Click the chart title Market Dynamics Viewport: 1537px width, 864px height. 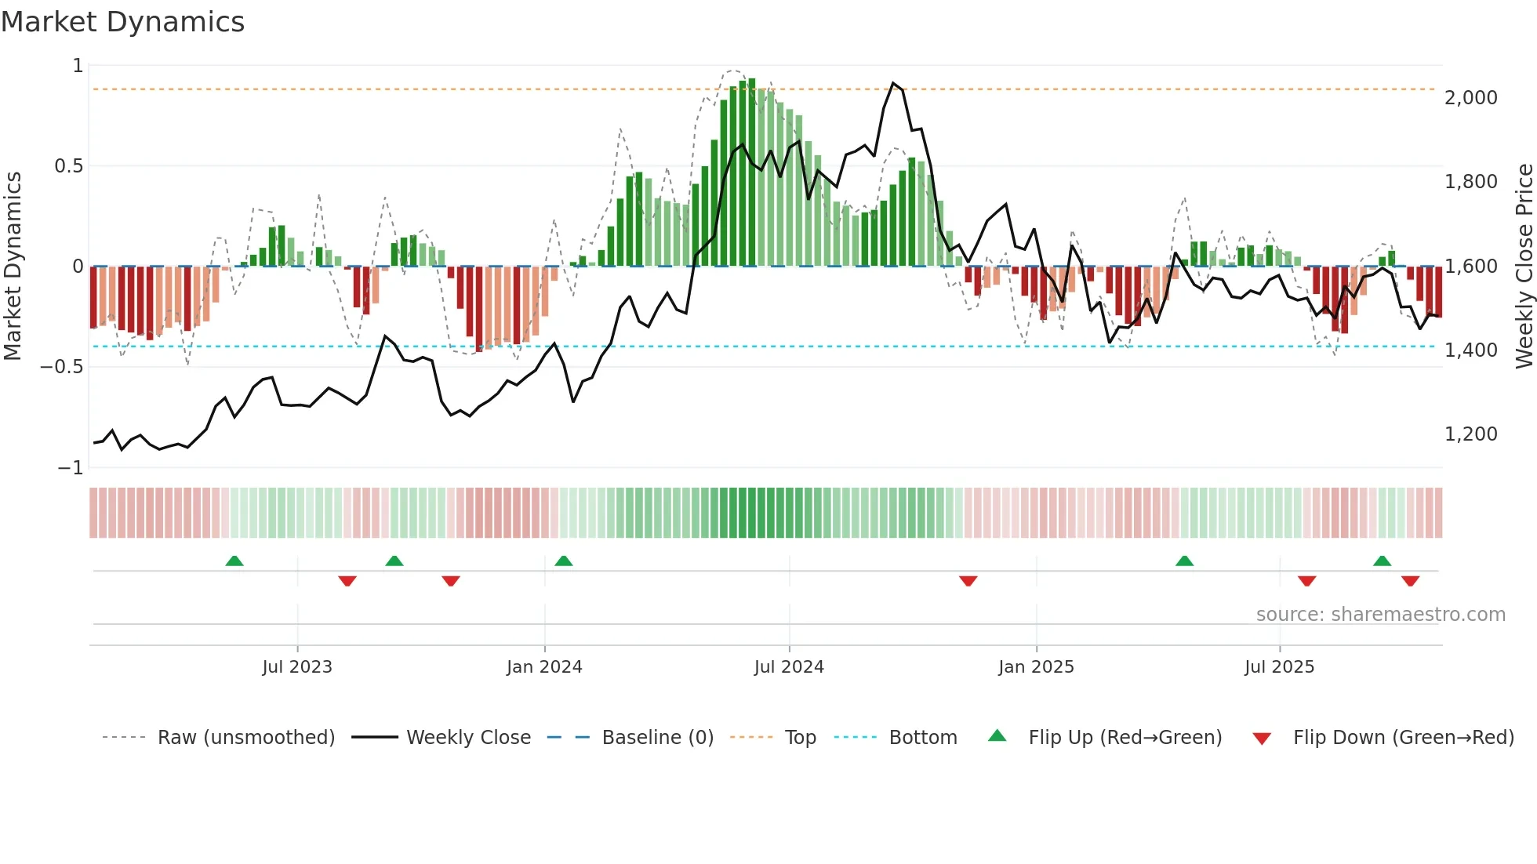[122, 22]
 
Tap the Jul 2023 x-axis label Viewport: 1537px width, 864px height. [297, 667]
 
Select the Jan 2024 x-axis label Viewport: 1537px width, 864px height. [544, 667]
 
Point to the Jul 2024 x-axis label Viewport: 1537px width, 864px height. [789, 667]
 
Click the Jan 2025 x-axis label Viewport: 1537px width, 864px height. [1036, 667]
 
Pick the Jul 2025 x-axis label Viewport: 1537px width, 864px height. [1279, 667]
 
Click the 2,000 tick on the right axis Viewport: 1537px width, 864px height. [1470, 98]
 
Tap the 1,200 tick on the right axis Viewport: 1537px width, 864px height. [1470, 434]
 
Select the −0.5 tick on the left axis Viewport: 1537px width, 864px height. [61, 367]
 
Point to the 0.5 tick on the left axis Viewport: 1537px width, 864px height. [68, 166]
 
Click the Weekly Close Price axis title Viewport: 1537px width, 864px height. [1524, 267]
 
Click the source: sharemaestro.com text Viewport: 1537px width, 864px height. [1380, 615]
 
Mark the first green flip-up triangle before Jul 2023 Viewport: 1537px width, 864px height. [234, 561]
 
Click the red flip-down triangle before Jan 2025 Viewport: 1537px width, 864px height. [968, 581]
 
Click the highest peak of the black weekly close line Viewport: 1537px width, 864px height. [893, 83]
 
